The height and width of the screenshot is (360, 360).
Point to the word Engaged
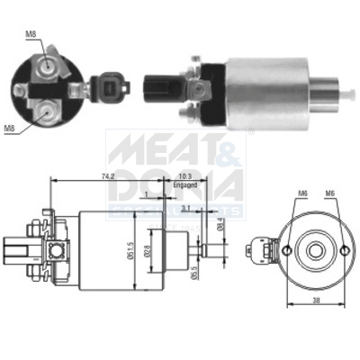click(184, 188)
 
